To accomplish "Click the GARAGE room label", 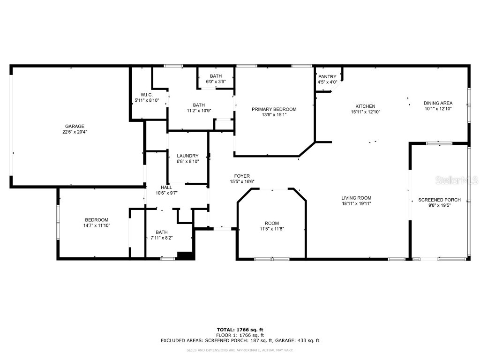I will (75, 126).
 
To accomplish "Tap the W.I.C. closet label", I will (147, 95).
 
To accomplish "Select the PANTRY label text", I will (327, 77).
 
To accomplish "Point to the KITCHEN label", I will (365, 106).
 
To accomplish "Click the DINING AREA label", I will (438, 103).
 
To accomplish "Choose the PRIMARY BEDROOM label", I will (274, 109).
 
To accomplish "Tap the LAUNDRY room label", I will (187, 156).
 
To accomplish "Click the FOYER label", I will (242, 176).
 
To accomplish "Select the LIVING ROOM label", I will (356, 198).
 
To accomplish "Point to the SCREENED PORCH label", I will (439, 200).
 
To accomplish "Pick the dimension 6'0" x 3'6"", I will (216, 82).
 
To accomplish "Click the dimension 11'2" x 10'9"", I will (199, 111).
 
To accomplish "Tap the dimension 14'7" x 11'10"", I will (97, 225).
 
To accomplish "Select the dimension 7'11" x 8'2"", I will (161, 238).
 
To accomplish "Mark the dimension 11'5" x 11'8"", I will (271, 229).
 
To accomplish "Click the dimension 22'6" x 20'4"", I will (75, 132).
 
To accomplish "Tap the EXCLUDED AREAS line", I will (240, 341).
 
